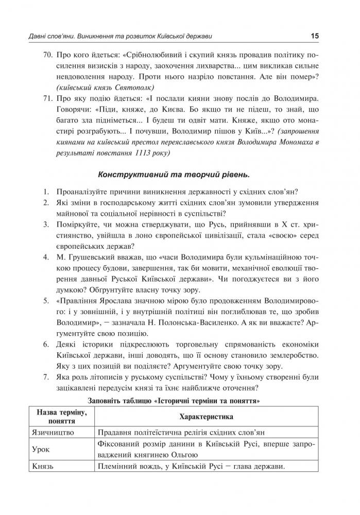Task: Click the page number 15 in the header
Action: pos(315,36)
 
